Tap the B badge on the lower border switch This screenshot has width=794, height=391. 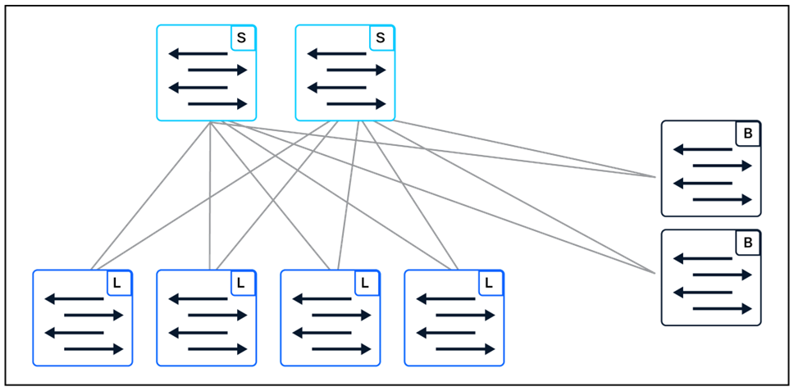click(747, 243)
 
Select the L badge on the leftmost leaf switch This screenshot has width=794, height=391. click(118, 283)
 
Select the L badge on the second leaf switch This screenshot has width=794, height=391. click(242, 283)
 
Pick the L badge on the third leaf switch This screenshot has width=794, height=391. click(366, 283)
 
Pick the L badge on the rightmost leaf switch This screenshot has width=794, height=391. click(490, 283)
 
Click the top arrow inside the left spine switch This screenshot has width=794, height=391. click(198, 54)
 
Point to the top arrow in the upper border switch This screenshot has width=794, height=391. click(702, 149)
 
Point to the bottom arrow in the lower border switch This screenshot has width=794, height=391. click(722, 308)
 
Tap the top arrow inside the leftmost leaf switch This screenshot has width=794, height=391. click(74, 298)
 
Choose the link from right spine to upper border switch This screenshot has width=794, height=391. click(525, 148)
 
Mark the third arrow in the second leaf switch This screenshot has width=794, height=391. click(198, 332)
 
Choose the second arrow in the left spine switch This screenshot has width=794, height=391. click(217, 70)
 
